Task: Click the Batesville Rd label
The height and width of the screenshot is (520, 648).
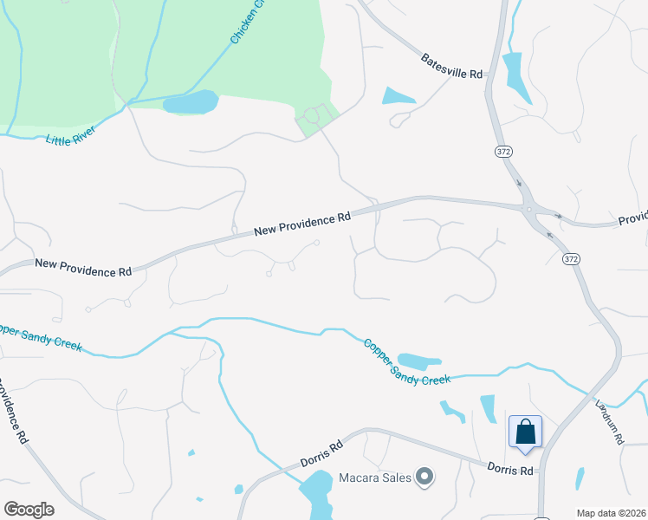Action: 451,67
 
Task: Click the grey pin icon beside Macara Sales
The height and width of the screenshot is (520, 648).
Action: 424,476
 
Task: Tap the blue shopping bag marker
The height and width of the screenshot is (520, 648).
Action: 525,432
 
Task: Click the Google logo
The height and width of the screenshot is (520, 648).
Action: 29,510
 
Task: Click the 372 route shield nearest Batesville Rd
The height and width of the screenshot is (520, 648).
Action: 504,151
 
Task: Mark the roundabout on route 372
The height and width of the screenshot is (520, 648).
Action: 528,209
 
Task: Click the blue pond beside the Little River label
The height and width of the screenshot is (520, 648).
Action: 191,102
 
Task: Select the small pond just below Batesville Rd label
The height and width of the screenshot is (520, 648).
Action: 399,96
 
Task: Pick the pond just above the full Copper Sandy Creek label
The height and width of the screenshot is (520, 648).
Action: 419,361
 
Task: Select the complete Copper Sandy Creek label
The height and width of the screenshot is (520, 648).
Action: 407,362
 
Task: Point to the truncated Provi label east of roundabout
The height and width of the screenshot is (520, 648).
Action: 632,218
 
